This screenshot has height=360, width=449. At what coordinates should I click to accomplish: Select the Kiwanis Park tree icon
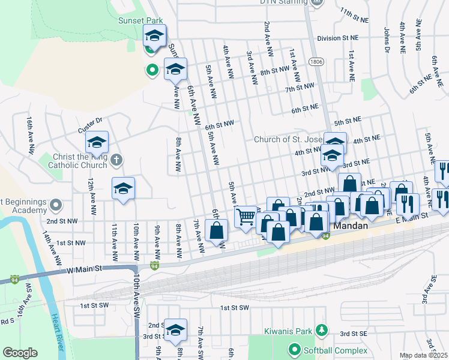click(322, 331)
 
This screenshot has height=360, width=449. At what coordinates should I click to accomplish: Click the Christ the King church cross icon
click(116, 160)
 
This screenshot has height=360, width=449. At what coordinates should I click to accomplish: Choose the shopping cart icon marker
click(245, 217)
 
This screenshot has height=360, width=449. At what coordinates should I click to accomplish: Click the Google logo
click(20, 353)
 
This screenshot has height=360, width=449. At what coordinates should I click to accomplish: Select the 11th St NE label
click(354, 12)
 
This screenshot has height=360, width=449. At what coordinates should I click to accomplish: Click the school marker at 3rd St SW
click(175, 331)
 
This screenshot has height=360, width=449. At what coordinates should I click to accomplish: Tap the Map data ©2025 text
click(423, 355)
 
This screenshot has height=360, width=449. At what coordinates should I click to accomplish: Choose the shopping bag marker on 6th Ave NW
click(217, 230)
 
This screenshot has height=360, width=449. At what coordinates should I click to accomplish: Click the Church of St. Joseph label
click(288, 139)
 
